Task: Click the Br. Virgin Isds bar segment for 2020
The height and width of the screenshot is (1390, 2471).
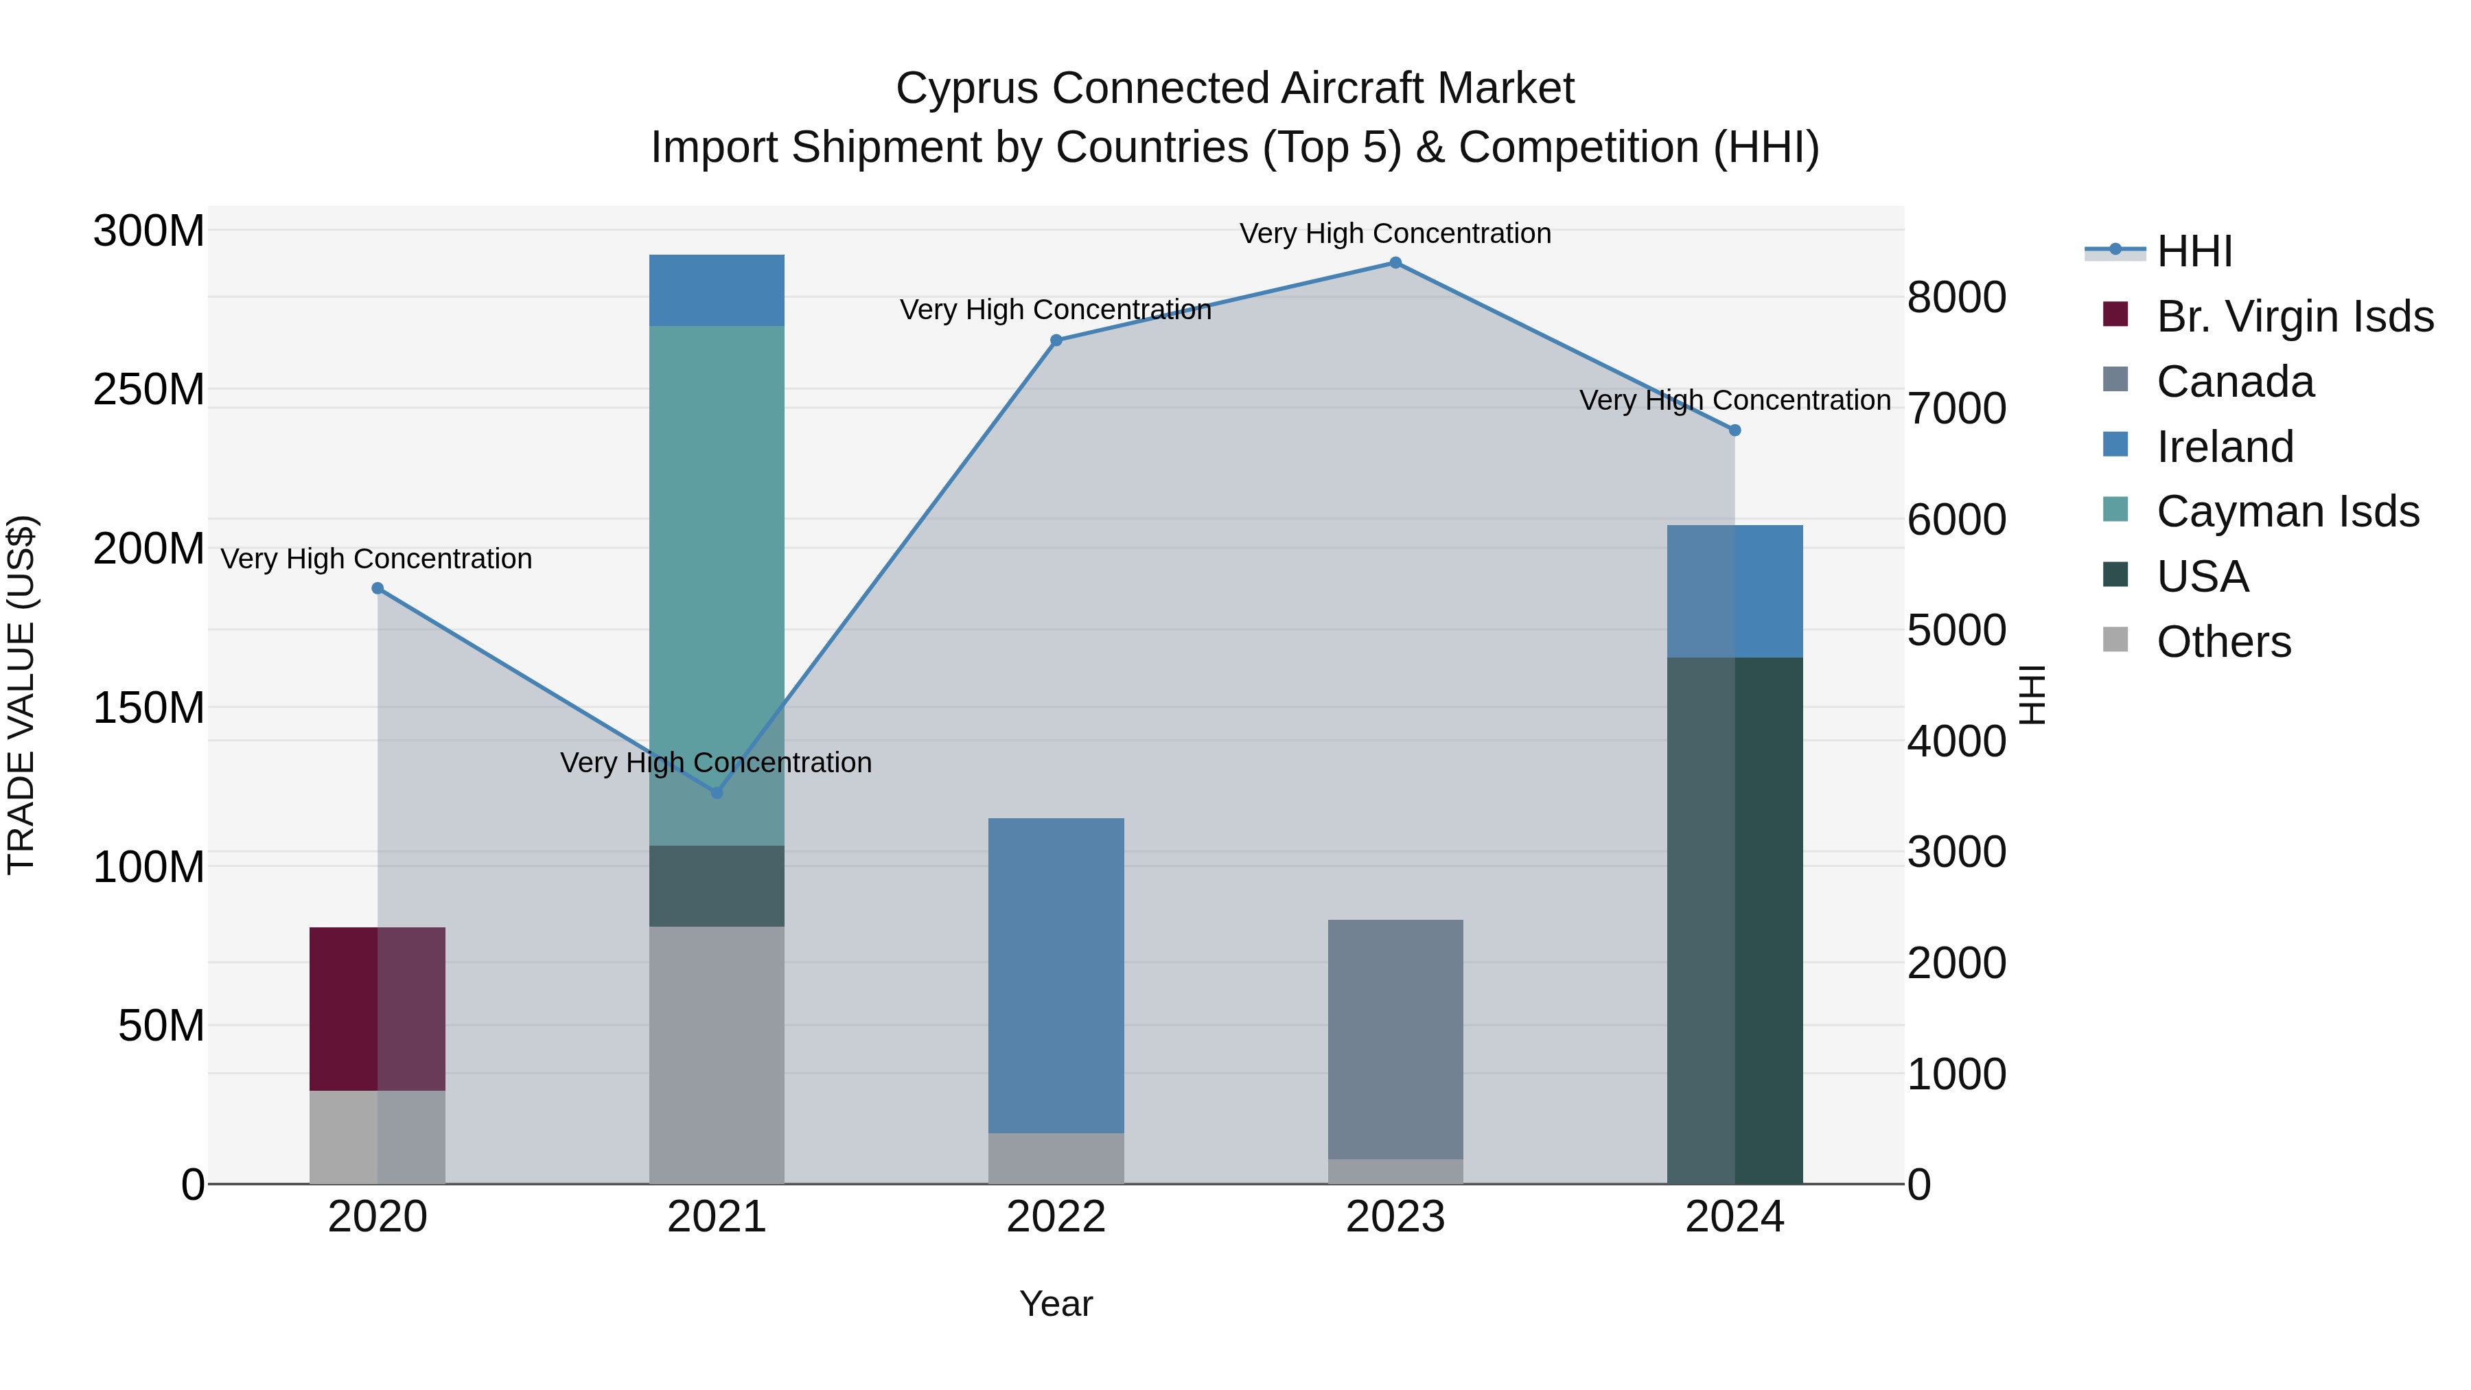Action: point(377,1008)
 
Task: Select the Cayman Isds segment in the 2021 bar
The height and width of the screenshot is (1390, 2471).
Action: point(717,585)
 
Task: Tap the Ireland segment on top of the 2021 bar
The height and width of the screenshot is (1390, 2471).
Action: point(717,290)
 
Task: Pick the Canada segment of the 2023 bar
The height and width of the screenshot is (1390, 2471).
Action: point(1395,1039)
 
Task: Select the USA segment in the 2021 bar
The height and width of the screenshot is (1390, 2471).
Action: point(717,885)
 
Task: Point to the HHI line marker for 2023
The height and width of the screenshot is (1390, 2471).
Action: point(1395,263)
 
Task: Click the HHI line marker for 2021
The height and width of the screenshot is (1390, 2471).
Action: point(717,792)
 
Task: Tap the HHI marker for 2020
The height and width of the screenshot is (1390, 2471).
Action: point(377,588)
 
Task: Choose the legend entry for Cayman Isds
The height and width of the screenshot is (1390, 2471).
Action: point(2287,511)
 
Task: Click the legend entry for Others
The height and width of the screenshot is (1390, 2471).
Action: point(2223,642)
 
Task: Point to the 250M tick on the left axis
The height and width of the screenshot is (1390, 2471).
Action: point(149,389)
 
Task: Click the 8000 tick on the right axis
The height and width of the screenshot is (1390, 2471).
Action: point(1956,297)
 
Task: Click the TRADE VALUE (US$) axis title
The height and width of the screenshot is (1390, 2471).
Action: point(21,695)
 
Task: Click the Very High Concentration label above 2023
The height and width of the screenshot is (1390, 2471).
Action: point(1395,233)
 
